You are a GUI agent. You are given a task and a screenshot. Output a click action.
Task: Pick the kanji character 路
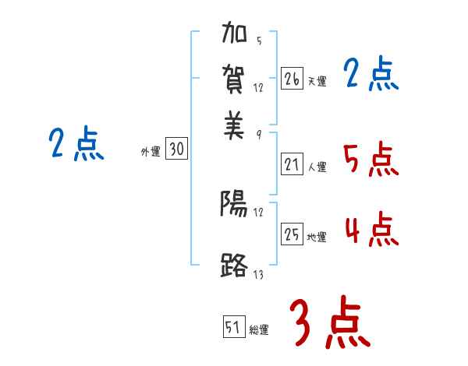point(234,265)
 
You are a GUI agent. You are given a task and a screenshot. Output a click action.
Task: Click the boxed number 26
point(292,78)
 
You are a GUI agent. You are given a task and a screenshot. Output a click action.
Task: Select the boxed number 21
point(292,164)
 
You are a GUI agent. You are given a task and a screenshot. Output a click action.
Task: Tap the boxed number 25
point(292,234)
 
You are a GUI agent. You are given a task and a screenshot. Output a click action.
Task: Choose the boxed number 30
point(177,150)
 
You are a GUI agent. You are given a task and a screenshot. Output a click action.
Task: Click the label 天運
point(317,81)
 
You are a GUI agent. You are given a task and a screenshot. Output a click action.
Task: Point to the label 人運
point(317,167)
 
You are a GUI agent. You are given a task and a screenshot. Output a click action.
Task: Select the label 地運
point(317,237)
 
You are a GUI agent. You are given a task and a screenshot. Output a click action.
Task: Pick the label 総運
point(259,330)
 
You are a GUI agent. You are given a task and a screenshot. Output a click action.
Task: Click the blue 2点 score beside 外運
point(76,145)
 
